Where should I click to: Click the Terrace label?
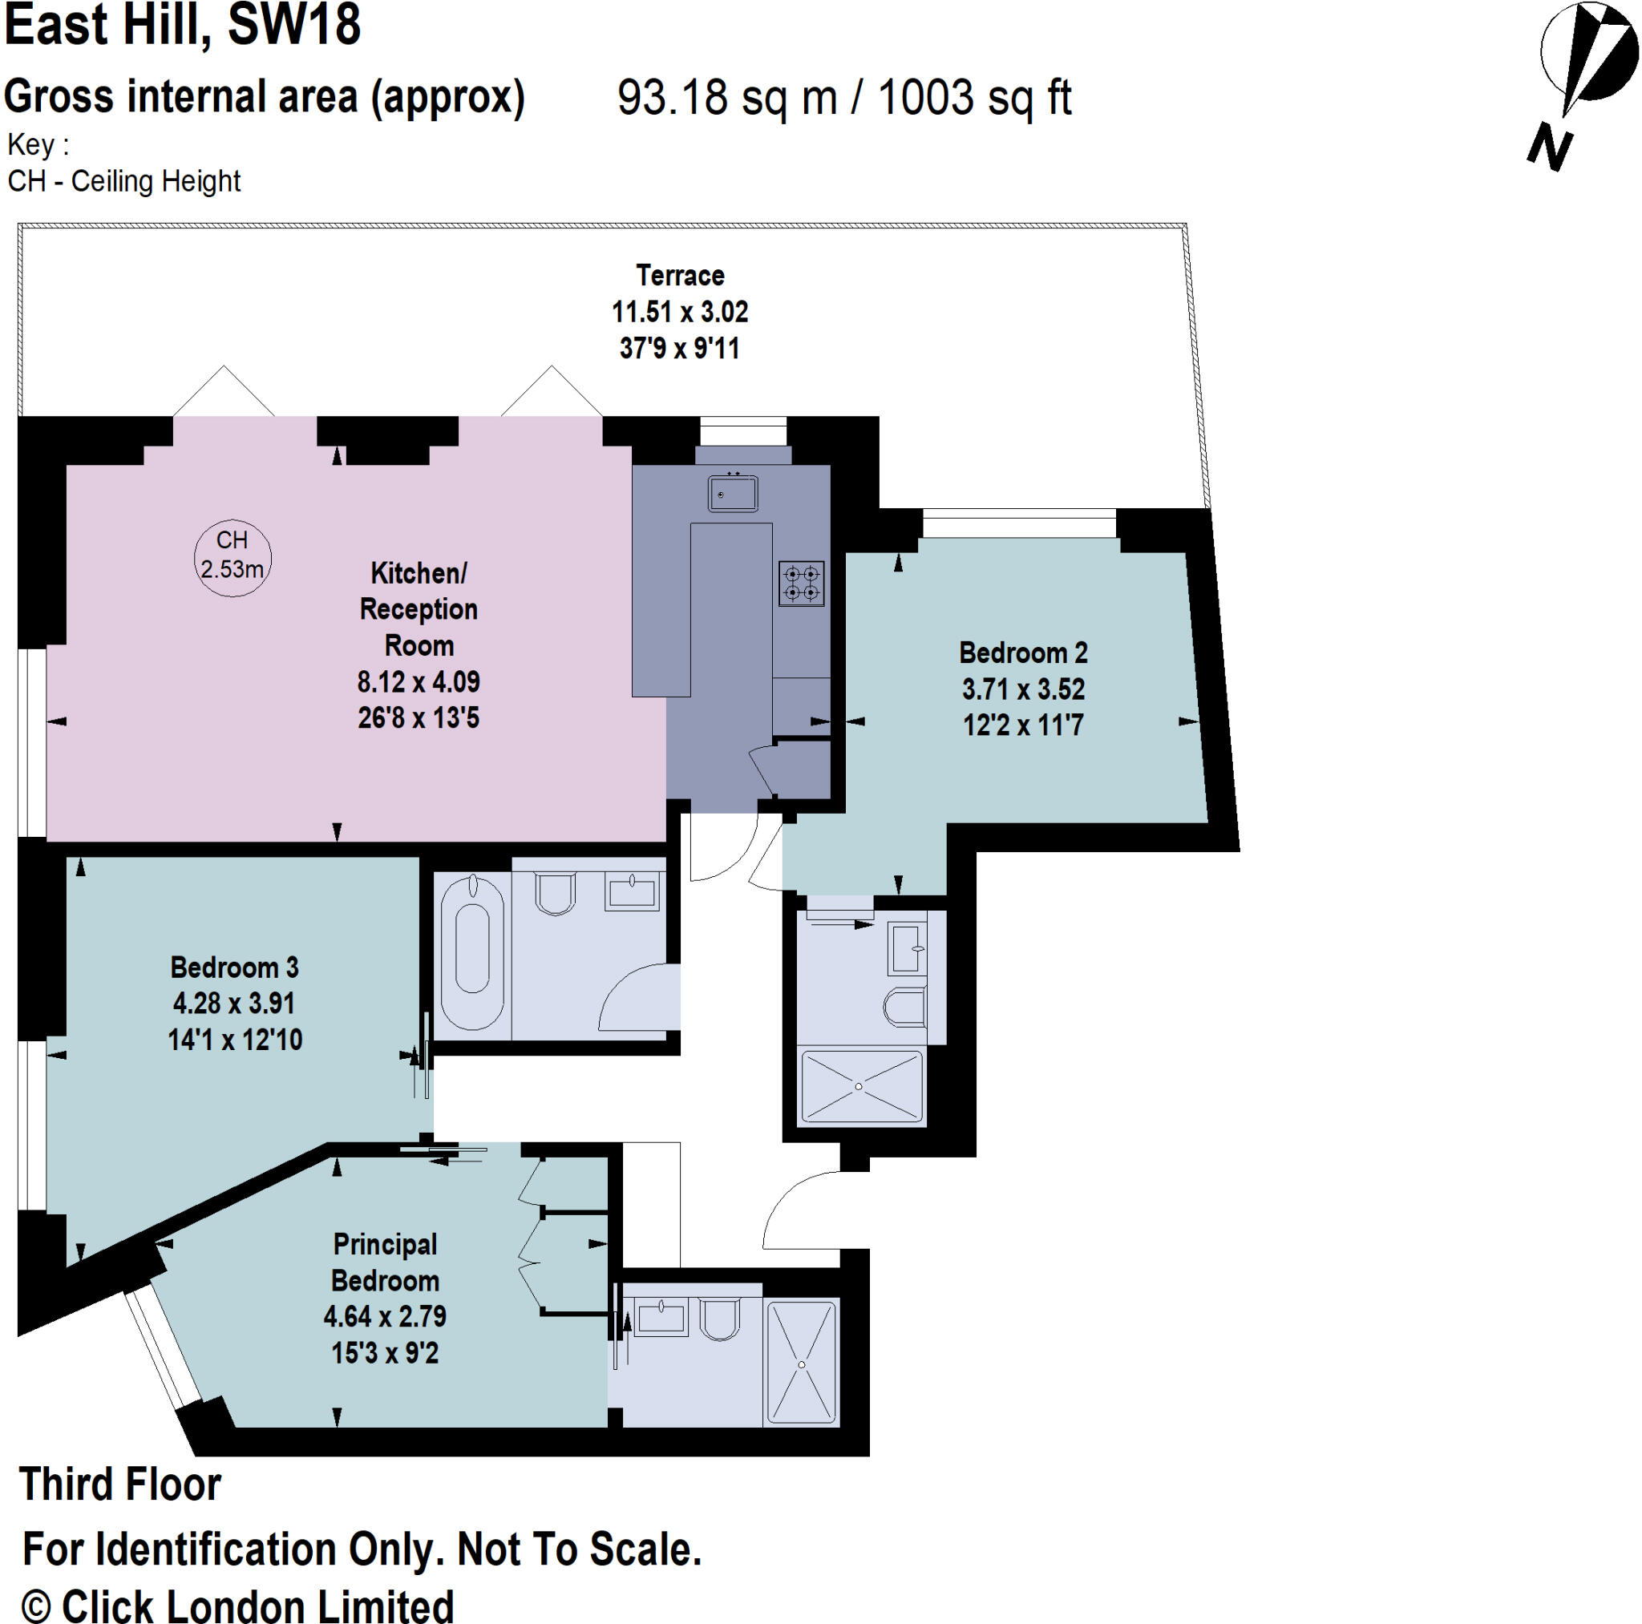(x=680, y=275)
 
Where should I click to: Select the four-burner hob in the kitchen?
(x=801, y=583)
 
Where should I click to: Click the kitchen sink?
(x=733, y=494)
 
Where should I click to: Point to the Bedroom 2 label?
(x=1022, y=652)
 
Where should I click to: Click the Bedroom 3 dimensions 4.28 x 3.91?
(x=234, y=1004)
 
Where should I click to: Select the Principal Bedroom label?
(x=385, y=1262)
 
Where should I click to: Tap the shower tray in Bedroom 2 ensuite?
(x=861, y=1087)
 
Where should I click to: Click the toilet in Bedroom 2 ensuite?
(x=904, y=1008)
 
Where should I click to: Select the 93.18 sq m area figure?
(x=726, y=97)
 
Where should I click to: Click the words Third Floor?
(x=119, y=1484)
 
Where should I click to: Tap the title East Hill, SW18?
(x=183, y=26)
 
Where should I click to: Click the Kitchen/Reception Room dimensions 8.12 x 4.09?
(x=419, y=681)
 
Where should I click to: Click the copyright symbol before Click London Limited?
(x=37, y=1606)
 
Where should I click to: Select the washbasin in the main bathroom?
(x=633, y=892)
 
